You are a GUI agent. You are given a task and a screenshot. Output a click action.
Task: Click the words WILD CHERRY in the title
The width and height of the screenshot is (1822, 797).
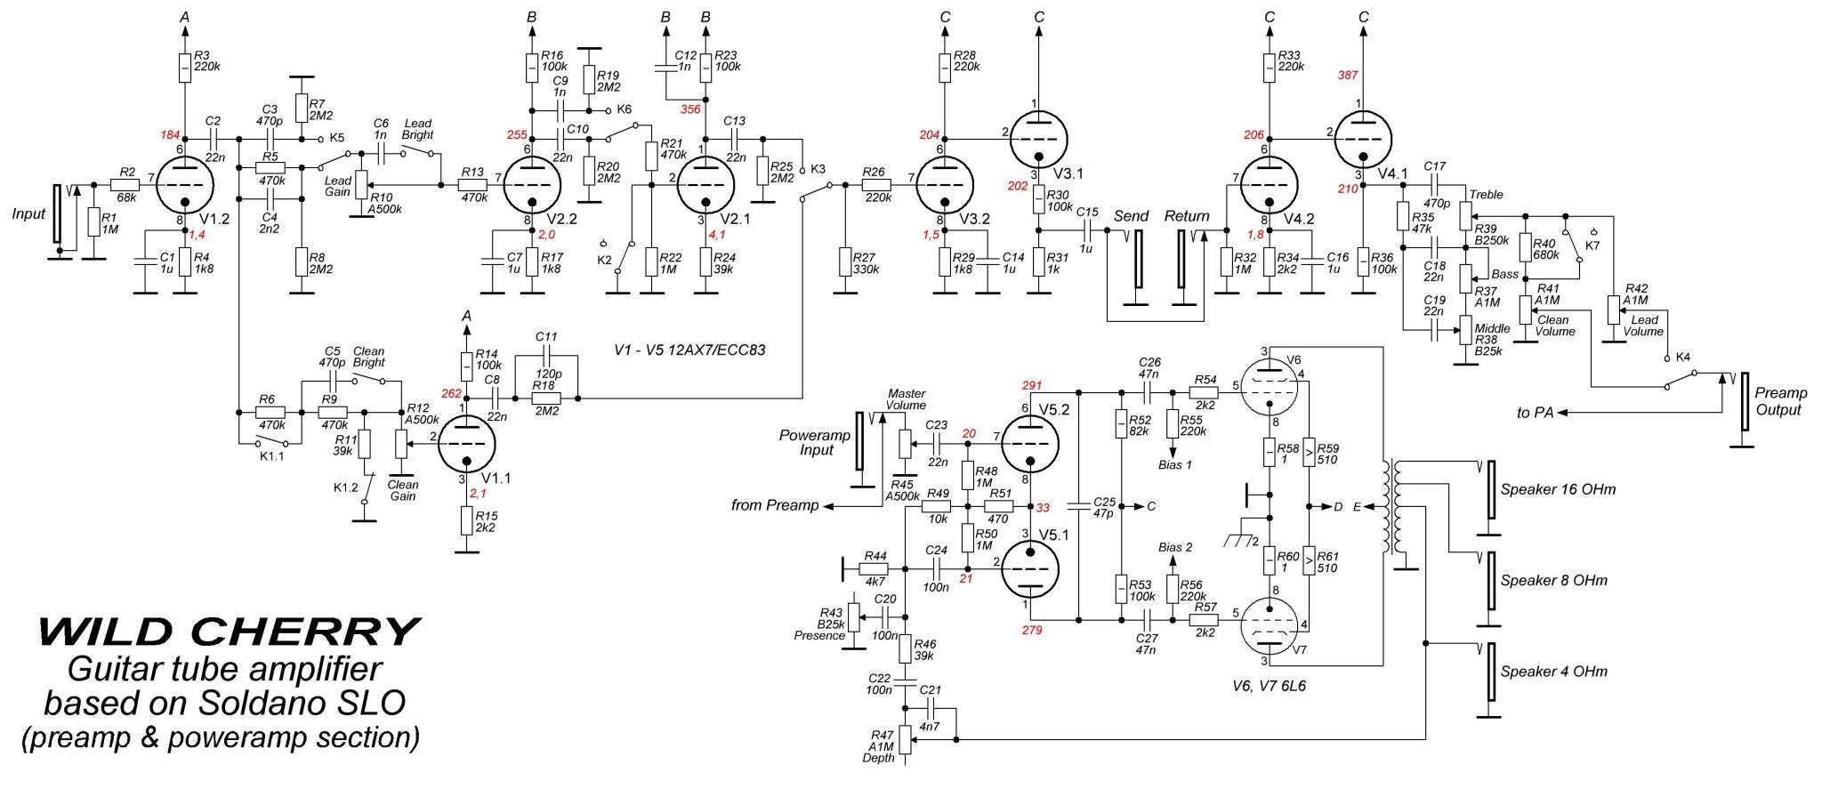pos(229,632)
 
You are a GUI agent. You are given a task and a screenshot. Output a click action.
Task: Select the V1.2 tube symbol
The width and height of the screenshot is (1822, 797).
pos(186,185)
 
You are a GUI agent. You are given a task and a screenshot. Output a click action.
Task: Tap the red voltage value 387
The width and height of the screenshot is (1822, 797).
pos(1348,76)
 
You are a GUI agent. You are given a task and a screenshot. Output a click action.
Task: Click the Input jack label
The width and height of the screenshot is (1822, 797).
pos(28,213)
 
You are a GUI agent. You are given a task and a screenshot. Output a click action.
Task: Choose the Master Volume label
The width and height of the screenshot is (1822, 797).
pos(907,399)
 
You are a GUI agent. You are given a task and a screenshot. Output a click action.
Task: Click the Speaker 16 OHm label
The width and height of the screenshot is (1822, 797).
pos(1558,489)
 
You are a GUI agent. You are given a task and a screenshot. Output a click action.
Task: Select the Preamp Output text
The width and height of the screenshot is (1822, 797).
pos(1781,401)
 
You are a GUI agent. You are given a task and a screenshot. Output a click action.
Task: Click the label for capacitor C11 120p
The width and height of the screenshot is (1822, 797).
pos(546,343)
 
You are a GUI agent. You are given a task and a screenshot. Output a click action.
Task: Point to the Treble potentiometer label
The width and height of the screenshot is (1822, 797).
pos(1487,195)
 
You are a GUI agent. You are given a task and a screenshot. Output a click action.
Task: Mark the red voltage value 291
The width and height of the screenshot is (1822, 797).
pos(1031,386)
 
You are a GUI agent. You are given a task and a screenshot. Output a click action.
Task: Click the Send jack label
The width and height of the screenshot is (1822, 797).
pos(1131,216)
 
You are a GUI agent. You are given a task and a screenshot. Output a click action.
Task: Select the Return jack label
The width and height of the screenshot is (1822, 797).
pos(1187,216)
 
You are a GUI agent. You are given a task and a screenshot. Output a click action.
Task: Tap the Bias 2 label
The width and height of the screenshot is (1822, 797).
pos(1175,547)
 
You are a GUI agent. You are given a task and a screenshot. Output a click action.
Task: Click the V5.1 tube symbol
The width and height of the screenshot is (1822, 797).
pos(1030,564)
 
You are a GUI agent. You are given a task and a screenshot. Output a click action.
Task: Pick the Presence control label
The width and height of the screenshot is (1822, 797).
pos(818,635)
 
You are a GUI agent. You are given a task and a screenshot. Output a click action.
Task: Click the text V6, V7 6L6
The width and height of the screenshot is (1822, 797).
pos(1270,687)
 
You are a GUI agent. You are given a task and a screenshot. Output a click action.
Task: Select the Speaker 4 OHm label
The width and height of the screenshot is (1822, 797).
pos(1554,672)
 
